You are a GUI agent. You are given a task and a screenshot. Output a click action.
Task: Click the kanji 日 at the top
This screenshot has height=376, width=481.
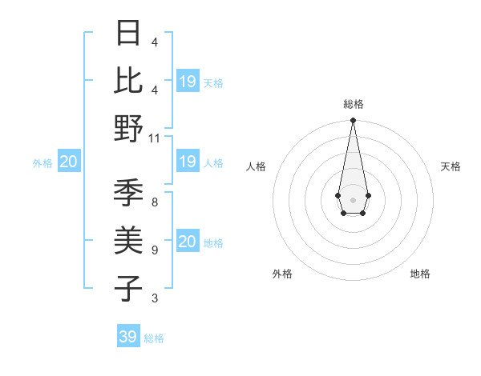click(129, 34)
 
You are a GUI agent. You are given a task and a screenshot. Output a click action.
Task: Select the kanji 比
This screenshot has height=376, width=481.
click(129, 81)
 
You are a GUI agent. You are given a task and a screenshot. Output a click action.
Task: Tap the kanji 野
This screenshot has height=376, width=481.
click(129, 128)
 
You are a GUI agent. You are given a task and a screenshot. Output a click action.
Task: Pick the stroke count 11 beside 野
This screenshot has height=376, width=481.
click(155, 138)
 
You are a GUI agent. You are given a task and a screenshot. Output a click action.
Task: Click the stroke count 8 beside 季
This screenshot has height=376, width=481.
click(155, 202)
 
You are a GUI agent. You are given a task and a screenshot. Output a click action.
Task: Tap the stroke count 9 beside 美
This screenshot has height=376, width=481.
click(155, 250)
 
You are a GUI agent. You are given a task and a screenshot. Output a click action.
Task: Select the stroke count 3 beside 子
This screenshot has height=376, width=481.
click(155, 298)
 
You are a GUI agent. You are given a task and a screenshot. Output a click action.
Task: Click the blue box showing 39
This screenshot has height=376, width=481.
click(128, 337)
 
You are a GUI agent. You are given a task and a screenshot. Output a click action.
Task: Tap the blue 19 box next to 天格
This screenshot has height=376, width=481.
click(188, 82)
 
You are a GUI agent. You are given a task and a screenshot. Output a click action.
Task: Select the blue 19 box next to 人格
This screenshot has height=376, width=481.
click(188, 162)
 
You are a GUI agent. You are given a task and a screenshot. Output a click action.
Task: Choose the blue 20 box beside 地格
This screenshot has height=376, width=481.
click(188, 242)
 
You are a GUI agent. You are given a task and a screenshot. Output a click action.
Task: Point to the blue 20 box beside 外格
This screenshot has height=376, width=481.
click(69, 162)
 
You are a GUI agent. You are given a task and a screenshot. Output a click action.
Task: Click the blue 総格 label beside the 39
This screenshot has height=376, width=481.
click(155, 338)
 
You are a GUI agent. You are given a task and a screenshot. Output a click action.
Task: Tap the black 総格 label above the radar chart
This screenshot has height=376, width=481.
click(354, 105)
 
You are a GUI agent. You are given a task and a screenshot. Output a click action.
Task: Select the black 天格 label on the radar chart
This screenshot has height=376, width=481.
click(451, 166)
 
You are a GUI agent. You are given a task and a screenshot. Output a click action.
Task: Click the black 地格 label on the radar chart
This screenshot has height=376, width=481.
click(420, 274)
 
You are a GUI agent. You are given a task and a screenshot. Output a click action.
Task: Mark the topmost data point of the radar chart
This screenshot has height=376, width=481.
click(353, 121)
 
